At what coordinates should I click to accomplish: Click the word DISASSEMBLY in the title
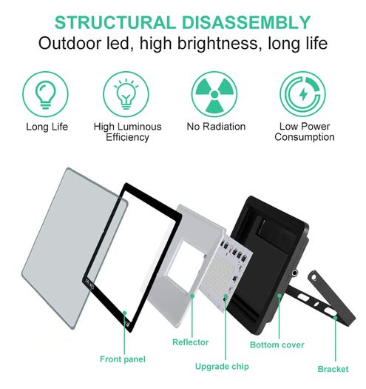pyautogui.click(x=246, y=22)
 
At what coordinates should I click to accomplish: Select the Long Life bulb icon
pyautogui.click(x=45, y=94)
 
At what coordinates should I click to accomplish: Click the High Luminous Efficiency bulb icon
pyautogui.click(x=126, y=94)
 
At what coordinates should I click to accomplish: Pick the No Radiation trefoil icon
pyautogui.click(x=214, y=94)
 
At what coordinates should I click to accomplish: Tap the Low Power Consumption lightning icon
pyautogui.click(x=303, y=94)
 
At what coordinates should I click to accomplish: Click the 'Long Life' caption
pyautogui.click(x=47, y=127)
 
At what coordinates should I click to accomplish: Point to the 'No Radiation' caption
pyautogui.click(x=216, y=127)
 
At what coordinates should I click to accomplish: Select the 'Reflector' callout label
pyautogui.click(x=191, y=342)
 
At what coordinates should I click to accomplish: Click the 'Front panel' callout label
pyautogui.click(x=123, y=359)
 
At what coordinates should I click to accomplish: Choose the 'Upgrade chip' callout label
pyautogui.click(x=222, y=367)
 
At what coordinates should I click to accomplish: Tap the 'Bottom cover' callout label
pyautogui.click(x=277, y=345)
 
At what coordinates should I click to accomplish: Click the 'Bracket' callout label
pyautogui.click(x=333, y=369)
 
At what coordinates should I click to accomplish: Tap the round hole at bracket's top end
pyautogui.click(x=314, y=277)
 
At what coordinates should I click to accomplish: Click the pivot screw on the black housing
pyautogui.click(x=294, y=273)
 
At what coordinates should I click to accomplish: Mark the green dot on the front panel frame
pyautogui.click(x=124, y=313)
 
